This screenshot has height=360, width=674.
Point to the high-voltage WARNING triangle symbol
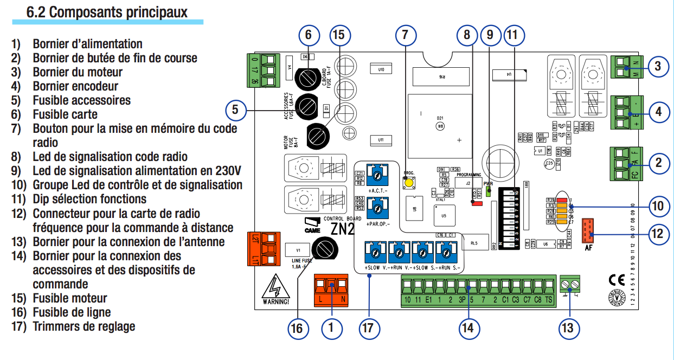point(275,291)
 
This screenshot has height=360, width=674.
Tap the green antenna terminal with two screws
point(569,283)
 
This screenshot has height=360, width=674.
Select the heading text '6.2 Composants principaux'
point(107,11)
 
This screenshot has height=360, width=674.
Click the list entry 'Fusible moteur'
point(70,298)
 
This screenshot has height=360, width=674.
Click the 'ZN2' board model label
point(343,229)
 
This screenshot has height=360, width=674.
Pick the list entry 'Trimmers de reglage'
point(84,326)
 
